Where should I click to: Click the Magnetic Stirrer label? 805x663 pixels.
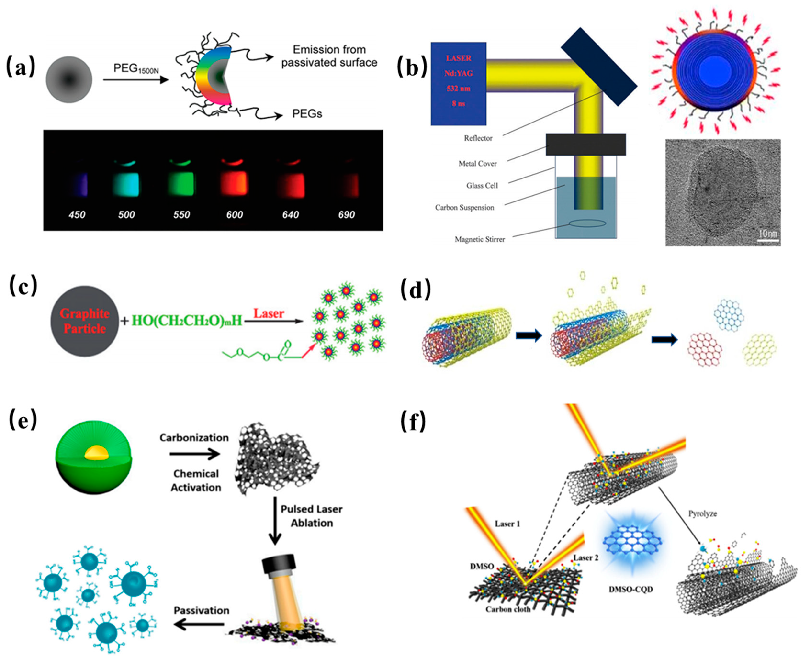[479, 240]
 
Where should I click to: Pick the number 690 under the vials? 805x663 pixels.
[346, 215]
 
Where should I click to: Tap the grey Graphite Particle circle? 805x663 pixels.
[84, 321]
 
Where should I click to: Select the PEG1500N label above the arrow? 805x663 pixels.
[136, 69]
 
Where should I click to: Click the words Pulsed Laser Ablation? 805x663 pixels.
[311, 516]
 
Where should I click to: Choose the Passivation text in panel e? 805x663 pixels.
[201, 610]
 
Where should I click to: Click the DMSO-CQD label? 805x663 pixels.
[630, 589]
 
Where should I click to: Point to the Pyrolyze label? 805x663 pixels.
[702, 514]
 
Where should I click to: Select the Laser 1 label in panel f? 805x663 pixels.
[507, 524]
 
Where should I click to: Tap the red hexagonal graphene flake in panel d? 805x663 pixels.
[704, 349]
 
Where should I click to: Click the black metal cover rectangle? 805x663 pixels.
[585, 144]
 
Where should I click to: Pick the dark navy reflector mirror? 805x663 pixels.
[598, 67]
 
